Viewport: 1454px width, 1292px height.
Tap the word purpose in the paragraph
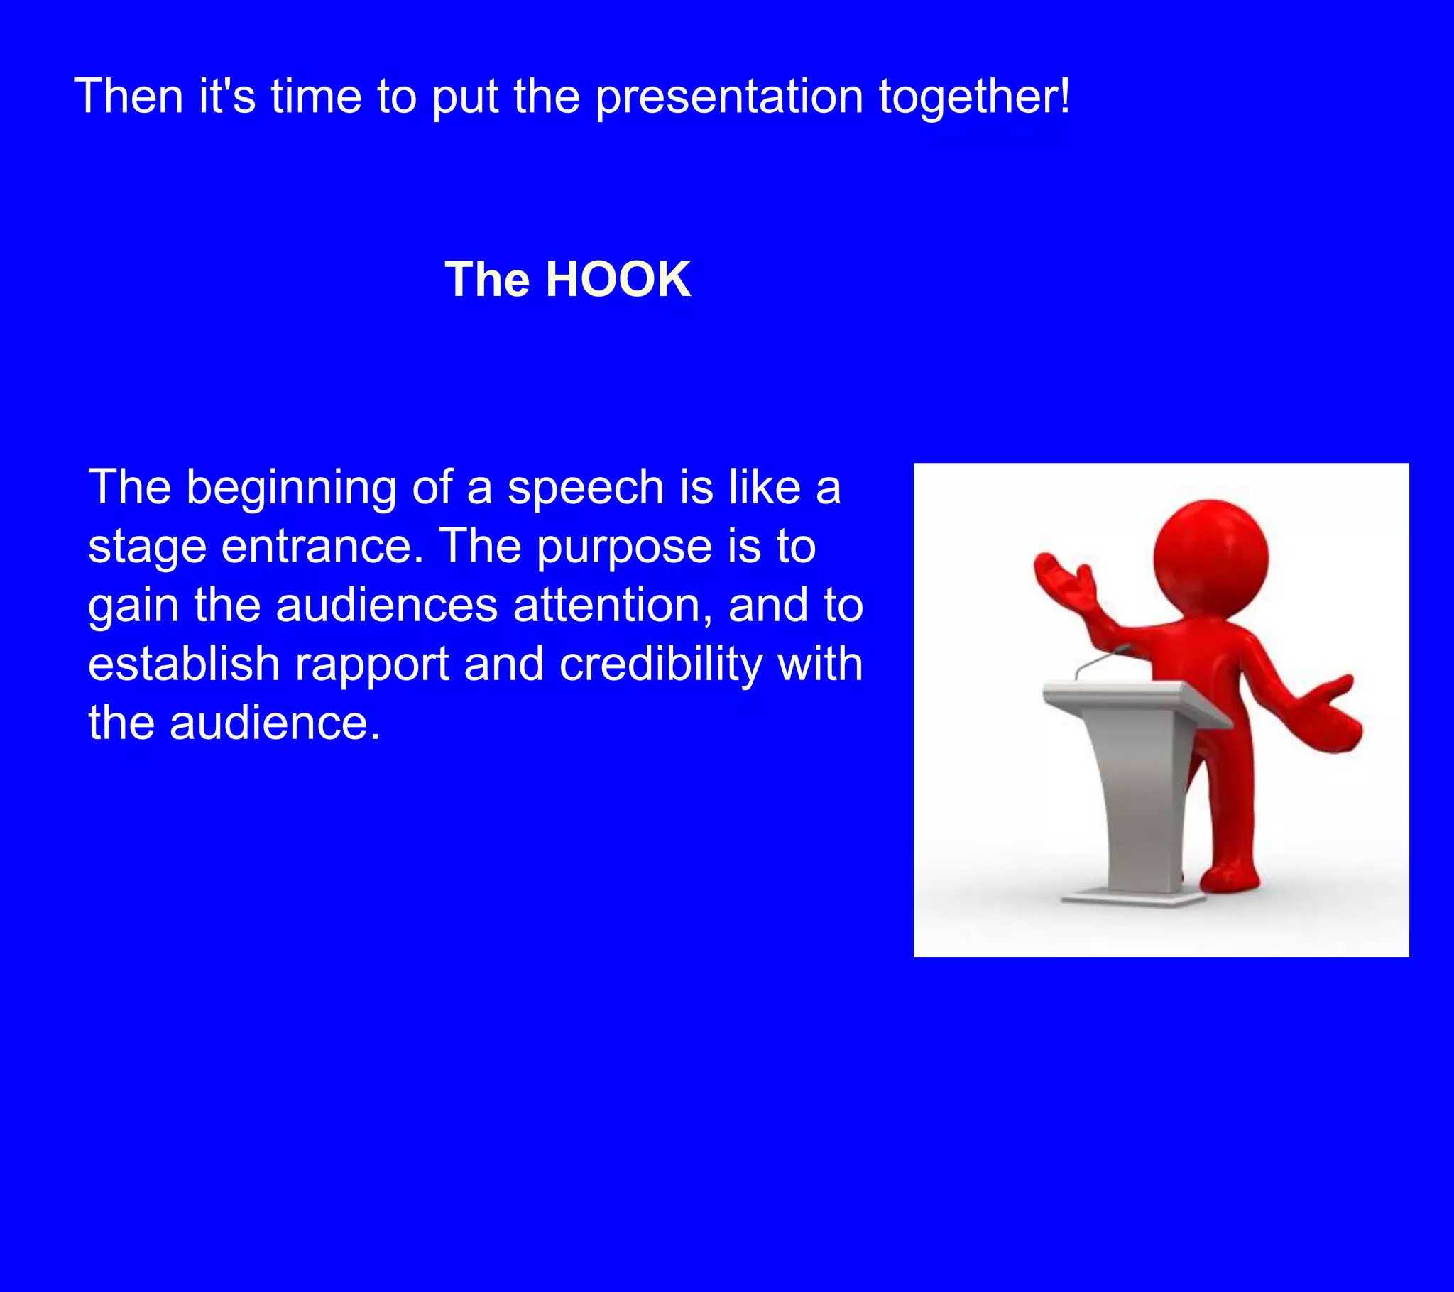pos(624,548)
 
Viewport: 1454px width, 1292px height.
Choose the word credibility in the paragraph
pos(660,664)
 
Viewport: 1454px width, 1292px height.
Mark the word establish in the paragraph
pos(184,664)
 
